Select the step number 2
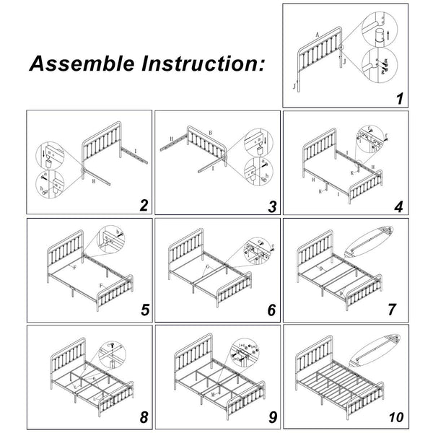coord(144,205)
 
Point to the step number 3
coord(271,206)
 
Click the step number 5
coord(144,311)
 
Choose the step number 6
coord(271,311)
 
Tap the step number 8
coord(144,416)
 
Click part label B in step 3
coord(209,134)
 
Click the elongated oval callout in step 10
coord(376,348)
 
